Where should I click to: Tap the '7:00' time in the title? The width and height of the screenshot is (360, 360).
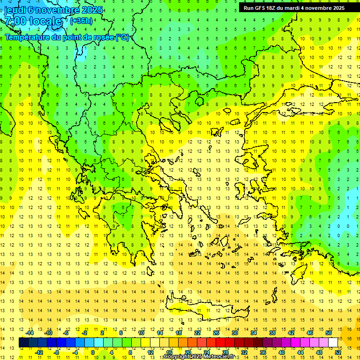coord(16,21)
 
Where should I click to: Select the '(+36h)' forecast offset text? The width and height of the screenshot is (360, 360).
coord(81,21)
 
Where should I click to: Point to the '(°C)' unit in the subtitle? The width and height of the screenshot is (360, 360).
coord(122,37)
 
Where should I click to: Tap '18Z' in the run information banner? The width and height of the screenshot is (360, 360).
coord(277,8)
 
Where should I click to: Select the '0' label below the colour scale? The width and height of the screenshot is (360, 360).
coord(92,352)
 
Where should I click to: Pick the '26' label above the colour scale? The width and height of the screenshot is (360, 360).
coord(216,333)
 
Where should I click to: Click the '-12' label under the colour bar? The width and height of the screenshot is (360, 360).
coord(39,352)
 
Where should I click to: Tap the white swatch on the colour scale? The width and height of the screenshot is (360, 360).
coord(333,343)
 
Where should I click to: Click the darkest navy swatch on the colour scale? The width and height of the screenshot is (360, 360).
coord(23,343)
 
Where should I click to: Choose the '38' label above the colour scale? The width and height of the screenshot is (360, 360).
coord(272,333)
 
